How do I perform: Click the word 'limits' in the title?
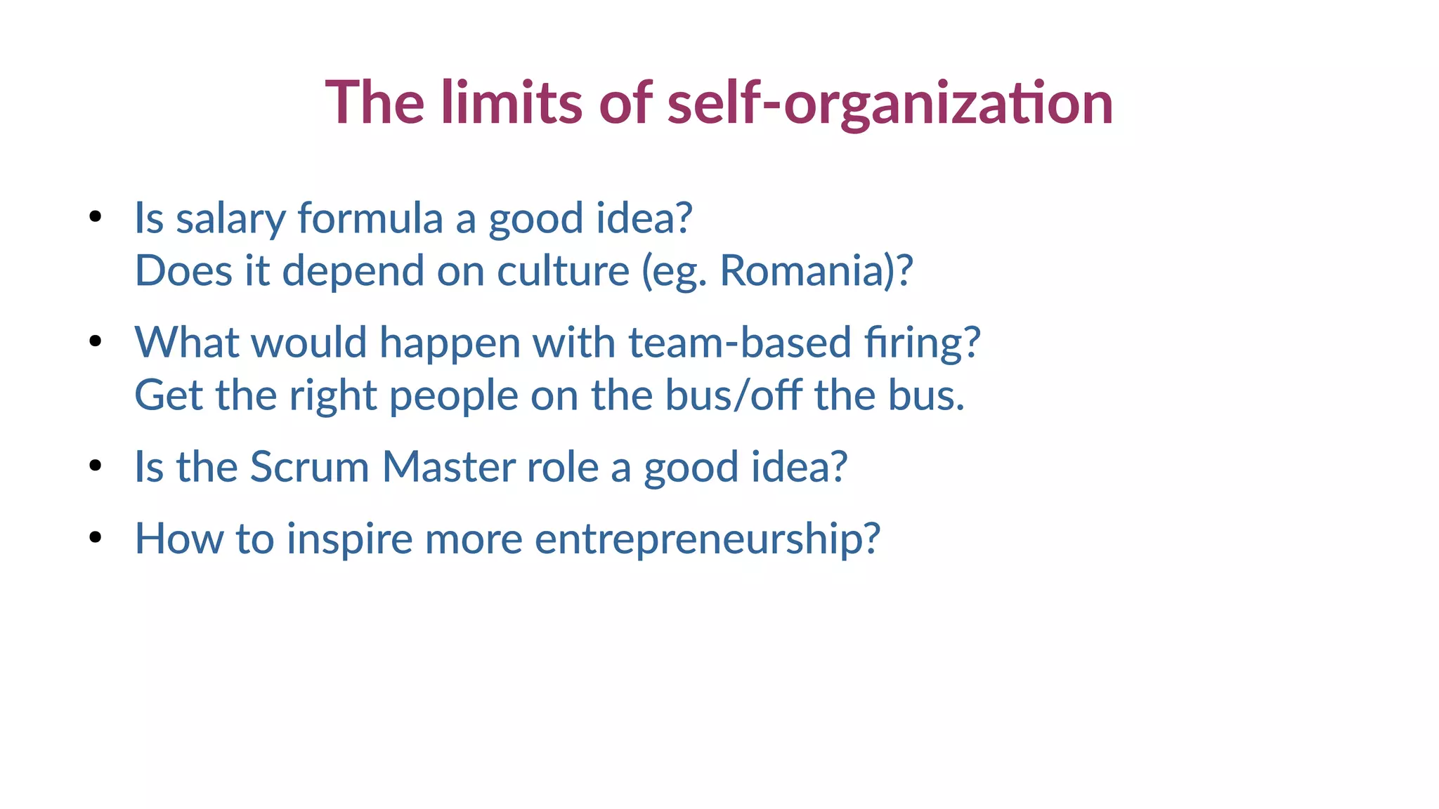(x=512, y=103)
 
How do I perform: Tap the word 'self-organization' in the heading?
(x=890, y=104)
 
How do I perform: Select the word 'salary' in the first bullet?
(x=230, y=219)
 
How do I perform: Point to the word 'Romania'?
(x=801, y=271)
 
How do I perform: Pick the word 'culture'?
(x=563, y=271)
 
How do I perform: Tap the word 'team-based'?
(x=739, y=343)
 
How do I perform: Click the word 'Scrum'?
(x=309, y=467)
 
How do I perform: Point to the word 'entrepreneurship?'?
(x=707, y=539)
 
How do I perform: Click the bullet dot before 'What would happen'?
(x=96, y=341)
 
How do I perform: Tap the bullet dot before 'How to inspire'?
(x=96, y=537)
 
